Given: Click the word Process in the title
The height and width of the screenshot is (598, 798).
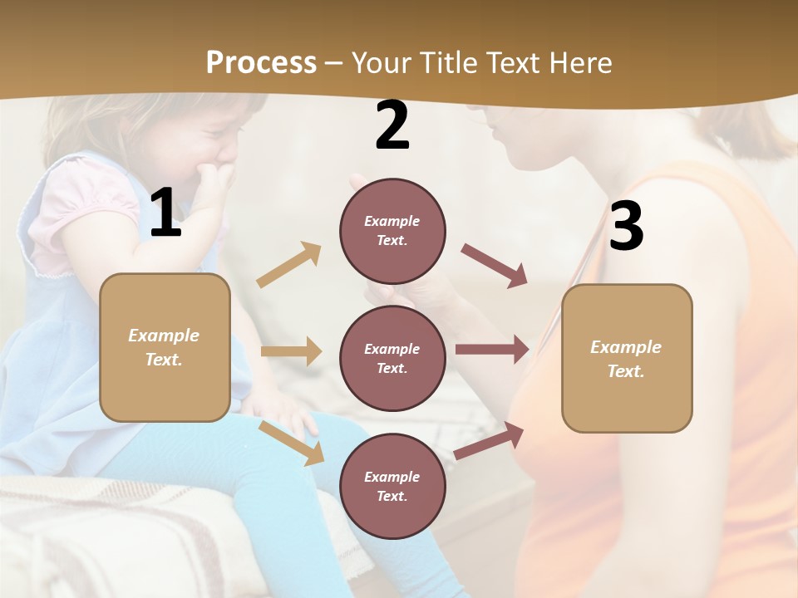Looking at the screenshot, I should coord(261,63).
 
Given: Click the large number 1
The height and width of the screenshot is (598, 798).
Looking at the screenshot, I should coord(165,213).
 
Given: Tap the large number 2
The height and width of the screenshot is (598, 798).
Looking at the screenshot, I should coord(392,125).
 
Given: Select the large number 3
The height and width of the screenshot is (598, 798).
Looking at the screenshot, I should coord(626,226).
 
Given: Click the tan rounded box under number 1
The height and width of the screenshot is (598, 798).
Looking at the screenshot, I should coord(165,347).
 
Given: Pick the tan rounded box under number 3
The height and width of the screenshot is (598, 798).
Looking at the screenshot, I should coord(627,358).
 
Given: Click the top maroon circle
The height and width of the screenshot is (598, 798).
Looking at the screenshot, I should coord(392,231).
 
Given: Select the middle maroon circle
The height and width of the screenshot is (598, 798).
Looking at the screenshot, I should coord(392,358).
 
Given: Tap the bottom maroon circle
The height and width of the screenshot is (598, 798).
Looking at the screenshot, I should coord(392,486).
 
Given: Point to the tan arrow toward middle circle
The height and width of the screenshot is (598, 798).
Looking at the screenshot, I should coord(291,351).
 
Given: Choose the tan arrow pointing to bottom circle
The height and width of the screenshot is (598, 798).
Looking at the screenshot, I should coord(292,443).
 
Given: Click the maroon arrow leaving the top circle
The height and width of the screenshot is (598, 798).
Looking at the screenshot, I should coord(495,265).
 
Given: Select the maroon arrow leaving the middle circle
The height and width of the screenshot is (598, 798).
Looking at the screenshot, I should coord(492,350).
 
